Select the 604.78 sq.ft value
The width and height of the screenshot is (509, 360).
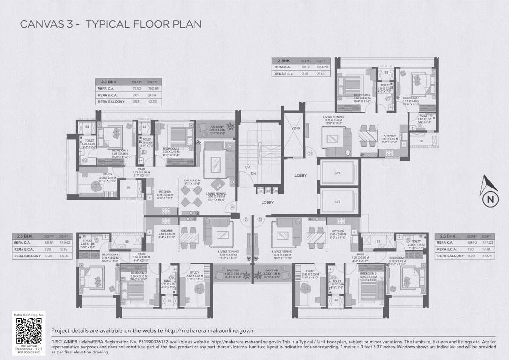tap(323, 67)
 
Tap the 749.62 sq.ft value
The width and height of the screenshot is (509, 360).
tap(65, 243)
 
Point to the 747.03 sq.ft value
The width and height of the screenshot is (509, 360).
tap(487, 243)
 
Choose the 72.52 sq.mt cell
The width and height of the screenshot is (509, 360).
tap(136, 88)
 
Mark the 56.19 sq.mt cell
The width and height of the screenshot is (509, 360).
tap(307, 67)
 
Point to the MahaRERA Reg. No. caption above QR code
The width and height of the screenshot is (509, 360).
tap(29, 315)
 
